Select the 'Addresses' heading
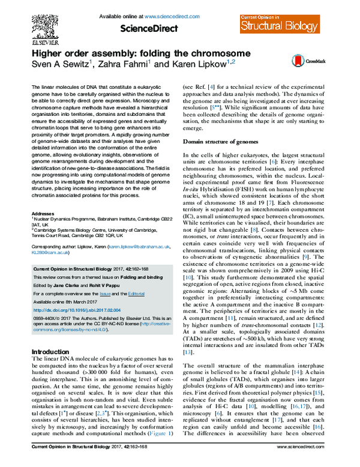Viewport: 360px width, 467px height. click(x=43, y=214)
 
